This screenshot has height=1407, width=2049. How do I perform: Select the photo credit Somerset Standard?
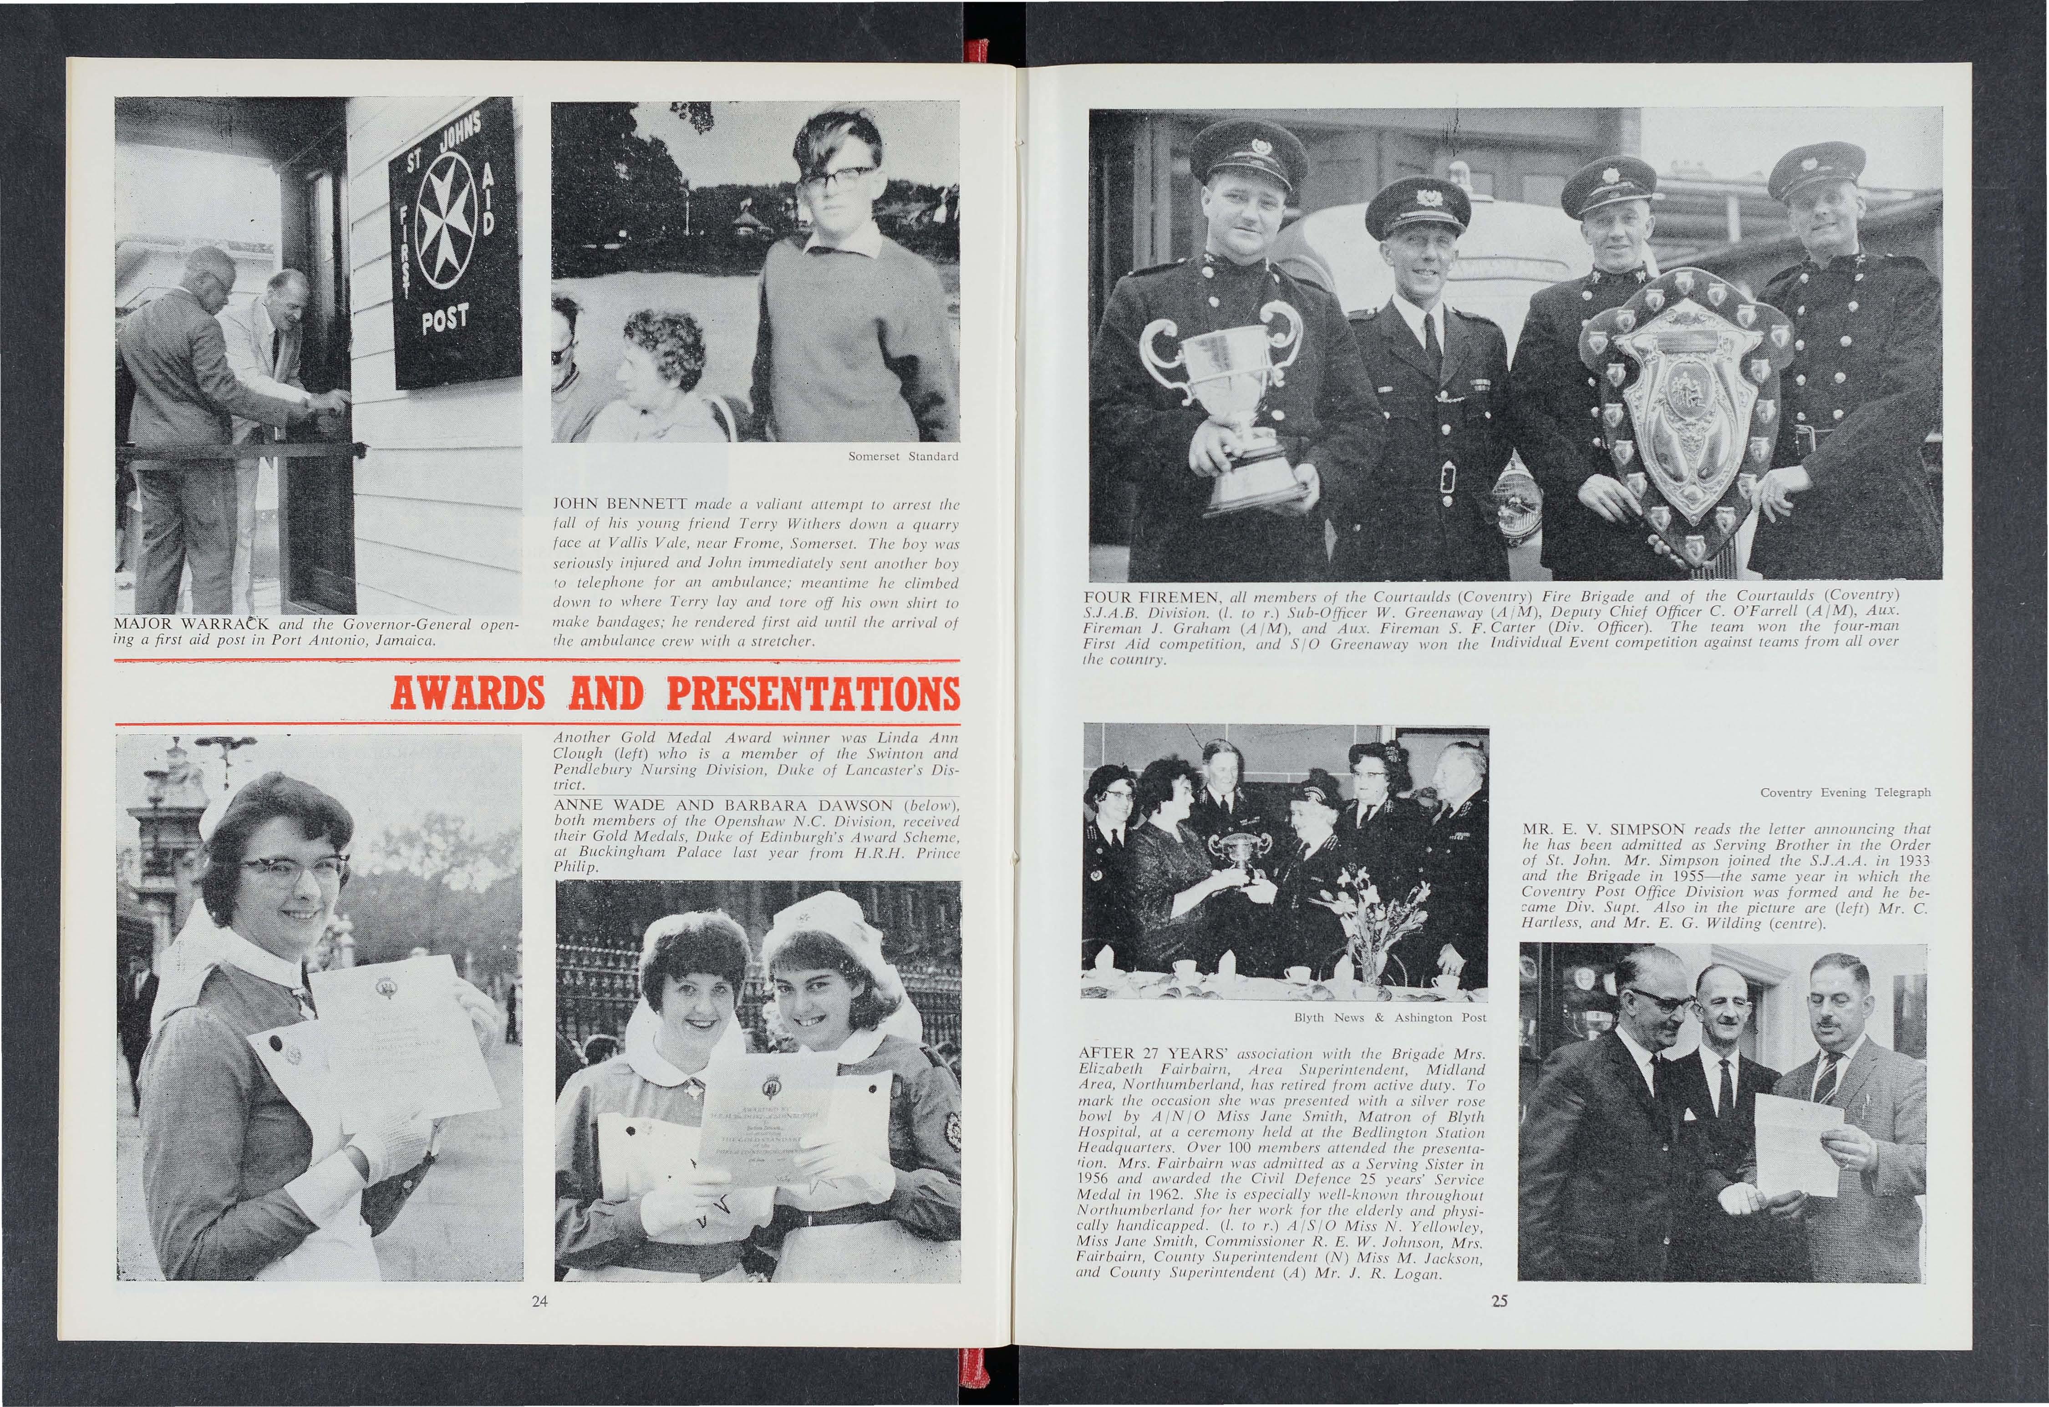pos(902,457)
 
